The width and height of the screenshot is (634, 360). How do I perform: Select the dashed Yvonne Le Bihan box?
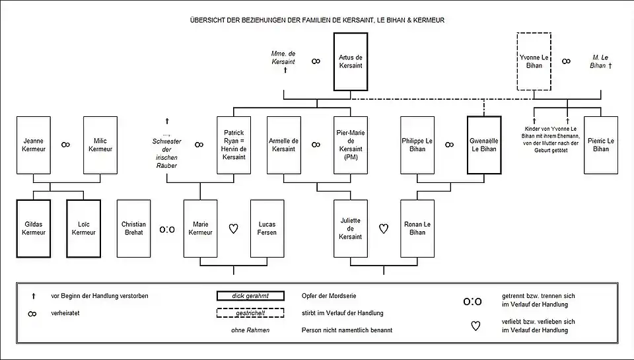point(534,61)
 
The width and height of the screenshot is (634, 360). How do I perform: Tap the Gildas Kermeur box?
point(33,228)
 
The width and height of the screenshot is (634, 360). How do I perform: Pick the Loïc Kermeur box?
point(83,228)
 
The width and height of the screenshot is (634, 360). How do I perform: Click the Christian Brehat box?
point(133,228)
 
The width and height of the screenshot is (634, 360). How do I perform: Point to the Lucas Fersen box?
point(267,228)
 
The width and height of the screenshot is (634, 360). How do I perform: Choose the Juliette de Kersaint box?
point(350,228)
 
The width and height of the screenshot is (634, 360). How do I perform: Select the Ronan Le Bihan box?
point(417,228)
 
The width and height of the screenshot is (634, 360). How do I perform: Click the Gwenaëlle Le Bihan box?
point(484,145)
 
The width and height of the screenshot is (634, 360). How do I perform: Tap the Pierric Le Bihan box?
point(601,145)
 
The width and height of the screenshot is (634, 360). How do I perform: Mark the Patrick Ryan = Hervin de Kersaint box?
point(233,145)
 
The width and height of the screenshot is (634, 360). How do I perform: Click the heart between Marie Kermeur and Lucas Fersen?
point(233,229)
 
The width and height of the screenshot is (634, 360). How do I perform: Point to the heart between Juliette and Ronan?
point(384,229)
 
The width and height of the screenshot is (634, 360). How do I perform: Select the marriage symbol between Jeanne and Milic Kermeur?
point(66,145)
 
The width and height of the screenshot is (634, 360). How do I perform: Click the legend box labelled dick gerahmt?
point(250,295)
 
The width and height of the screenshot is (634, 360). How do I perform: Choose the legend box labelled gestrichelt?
point(250,312)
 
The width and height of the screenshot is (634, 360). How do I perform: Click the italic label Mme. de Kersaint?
point(283,57)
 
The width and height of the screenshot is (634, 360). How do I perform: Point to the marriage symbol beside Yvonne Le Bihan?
point(567,61)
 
